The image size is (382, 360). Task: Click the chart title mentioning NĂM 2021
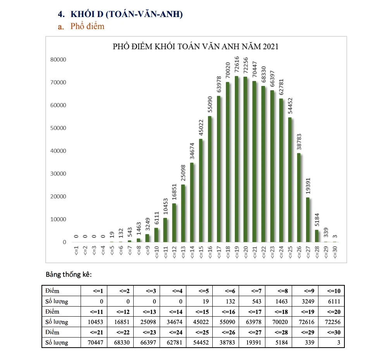pos(196,47)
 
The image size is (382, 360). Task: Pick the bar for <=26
pos(299,197)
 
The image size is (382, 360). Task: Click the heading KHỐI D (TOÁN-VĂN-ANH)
pos(126,14)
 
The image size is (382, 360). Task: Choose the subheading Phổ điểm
pos(87,26)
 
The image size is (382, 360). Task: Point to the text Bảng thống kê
pos(69,274)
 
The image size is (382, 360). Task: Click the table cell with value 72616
pos(304,322)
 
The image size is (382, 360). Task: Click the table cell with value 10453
pos(95,322)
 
